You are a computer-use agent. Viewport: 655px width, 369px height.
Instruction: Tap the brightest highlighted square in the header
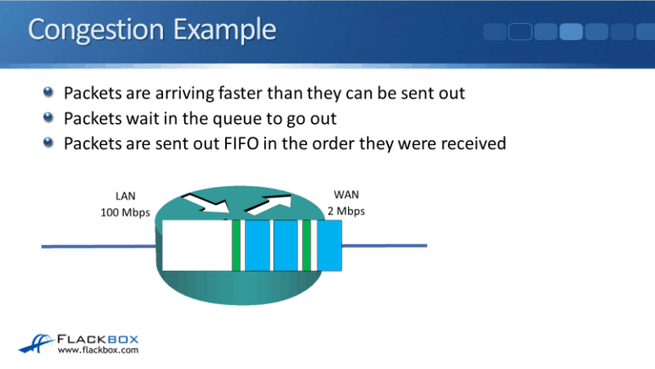571,32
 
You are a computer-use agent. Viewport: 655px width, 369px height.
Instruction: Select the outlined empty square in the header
522,32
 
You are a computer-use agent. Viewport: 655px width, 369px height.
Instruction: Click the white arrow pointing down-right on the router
208,202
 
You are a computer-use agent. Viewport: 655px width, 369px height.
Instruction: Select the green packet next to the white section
236,245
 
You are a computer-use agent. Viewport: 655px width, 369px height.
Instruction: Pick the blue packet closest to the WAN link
329,245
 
